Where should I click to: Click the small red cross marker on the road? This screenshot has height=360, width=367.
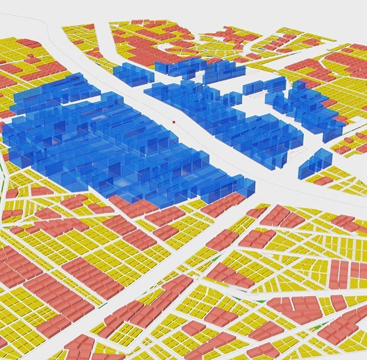[x=174, y=122]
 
